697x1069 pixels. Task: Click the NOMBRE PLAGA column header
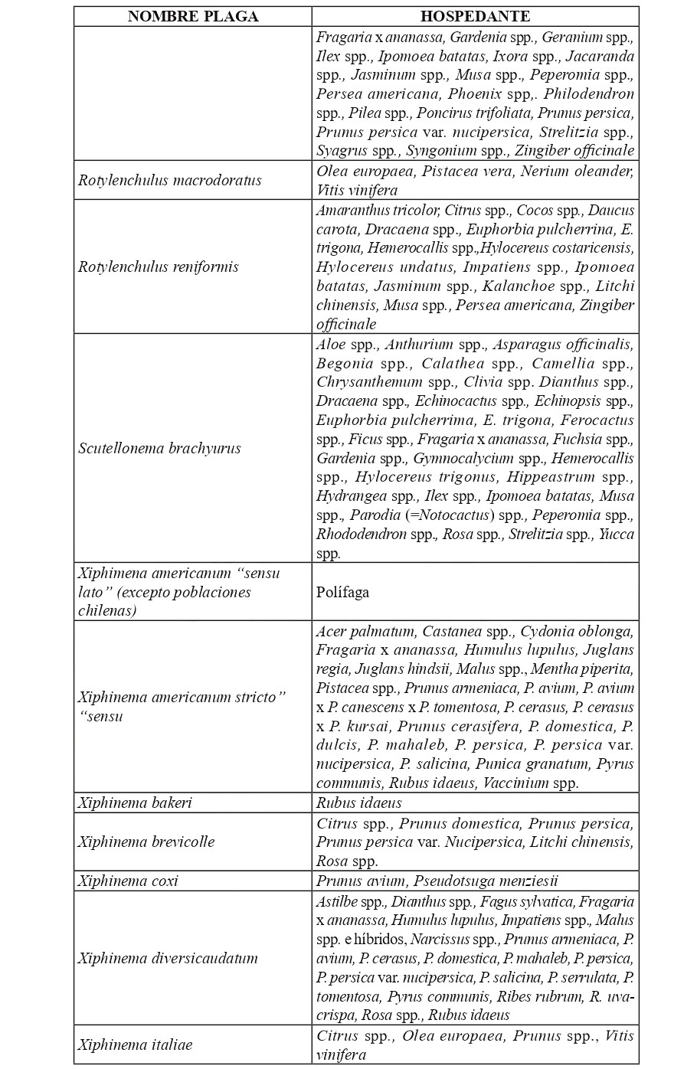(193, 16)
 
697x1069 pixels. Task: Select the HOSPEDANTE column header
(475, 16)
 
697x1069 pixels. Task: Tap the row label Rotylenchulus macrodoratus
(170, 180)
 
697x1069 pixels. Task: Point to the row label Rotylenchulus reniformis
(159, 266)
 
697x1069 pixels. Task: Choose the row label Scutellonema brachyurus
(159, 448)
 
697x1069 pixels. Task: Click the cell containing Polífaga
(344, 592)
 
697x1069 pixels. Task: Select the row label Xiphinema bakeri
(136, 803)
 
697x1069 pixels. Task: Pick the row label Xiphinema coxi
(128, 881)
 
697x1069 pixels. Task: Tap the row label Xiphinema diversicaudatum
(168, 958)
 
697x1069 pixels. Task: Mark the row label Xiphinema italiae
(136, 1044)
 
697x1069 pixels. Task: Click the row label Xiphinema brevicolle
(146, 842)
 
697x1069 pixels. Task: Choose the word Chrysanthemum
(369, 381)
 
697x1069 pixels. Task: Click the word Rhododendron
(362, 534)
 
